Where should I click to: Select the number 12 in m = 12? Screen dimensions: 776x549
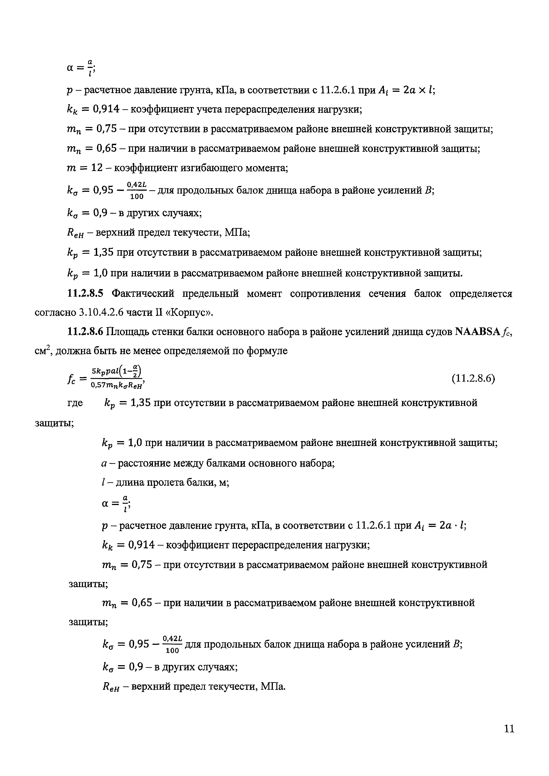point(97,168)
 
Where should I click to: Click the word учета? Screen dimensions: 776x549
point(207,109)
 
